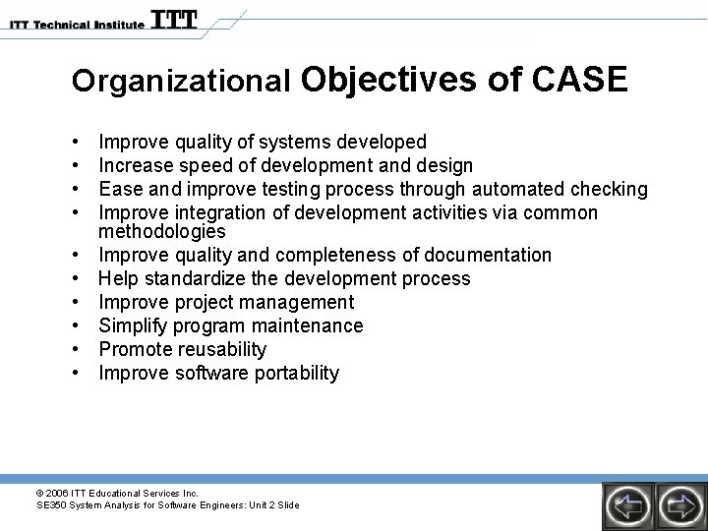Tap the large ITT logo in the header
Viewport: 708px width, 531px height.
174,20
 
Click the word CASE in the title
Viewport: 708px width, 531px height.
579,80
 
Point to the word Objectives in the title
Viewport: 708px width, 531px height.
390,80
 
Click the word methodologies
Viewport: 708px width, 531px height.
162,232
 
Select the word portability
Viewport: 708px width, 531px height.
297,373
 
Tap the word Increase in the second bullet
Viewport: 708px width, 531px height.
136,165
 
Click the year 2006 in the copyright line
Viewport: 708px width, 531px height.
55,493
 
